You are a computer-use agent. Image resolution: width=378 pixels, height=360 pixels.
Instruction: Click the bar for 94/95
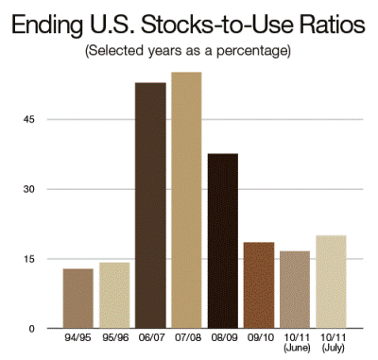pyautogui.click(x=78, y=299)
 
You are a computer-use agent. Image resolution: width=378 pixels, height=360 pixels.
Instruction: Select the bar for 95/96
pyautogui.click(x=114, y=296)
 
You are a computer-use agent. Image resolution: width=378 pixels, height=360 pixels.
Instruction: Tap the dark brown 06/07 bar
pyautogui.click(x=150, y=205)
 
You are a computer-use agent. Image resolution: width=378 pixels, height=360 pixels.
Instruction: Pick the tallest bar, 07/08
pyautogui.click(x=186, y=200)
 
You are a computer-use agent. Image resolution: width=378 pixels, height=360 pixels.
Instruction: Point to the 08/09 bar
pyautogui.click(x=223, y=241)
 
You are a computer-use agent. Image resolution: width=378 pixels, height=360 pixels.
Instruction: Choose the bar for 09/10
pyautogui.click(x=259, y=285)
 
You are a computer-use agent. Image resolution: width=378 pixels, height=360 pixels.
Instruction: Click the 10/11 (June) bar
pyautogui.click(x=295, y=290)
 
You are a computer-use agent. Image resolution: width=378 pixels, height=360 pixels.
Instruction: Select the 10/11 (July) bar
pyautogui.click(x=331, y=282)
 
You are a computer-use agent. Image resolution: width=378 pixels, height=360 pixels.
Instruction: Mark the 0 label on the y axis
pyautogui.click(x=31, y=329)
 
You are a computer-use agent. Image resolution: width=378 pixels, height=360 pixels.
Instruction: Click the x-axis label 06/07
pyautogui.click(x=151, y=337)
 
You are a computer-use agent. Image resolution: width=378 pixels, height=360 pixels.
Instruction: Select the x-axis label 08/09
pyautogui.click(x=224, y=337)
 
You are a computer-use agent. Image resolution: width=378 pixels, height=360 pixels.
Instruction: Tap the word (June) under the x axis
pyautogui.click(x=297, y=348)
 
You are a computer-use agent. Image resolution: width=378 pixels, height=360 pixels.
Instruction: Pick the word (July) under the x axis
pyautogui.click(x=334, y=348)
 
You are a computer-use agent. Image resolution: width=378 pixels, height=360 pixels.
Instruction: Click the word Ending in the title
pyautogui.click(x=47, y=25)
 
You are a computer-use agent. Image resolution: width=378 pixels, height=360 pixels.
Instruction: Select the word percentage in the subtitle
pyautogui.click(x=253, y=51)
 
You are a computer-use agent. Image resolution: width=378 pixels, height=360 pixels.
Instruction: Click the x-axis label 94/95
pyautogui.click(x=77, y=337)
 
